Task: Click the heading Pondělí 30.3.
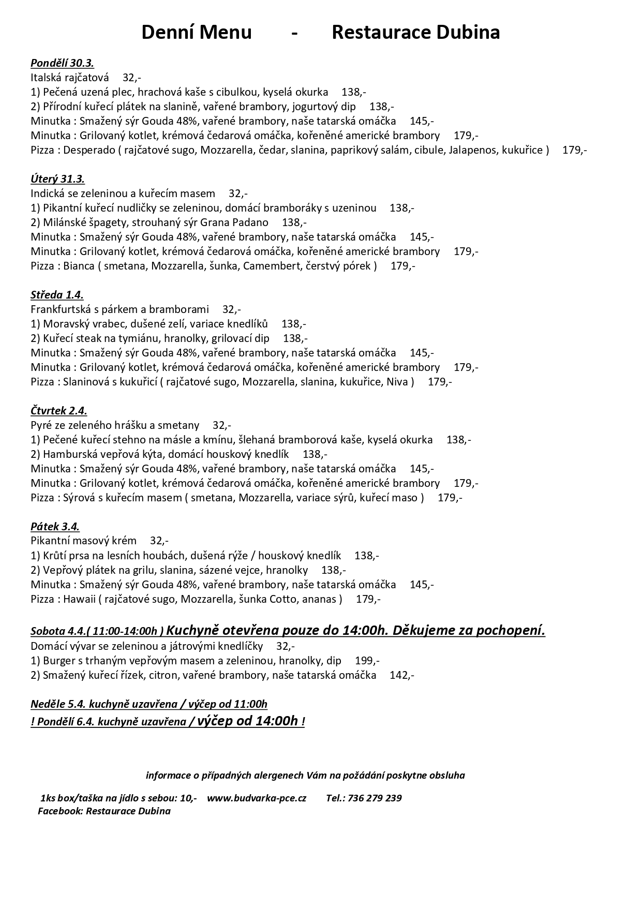click(62, 63)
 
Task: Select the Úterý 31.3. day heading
click(57, 179)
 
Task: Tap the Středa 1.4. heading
click(57, 295)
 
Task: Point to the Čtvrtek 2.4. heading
click(58, 411)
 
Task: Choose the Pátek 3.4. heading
click(55, 527)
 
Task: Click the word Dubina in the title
click(468, 33)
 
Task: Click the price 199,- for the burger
click(367, 661)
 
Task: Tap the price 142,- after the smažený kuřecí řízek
click(402, 675)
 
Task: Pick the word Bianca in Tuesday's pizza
click(79, 266)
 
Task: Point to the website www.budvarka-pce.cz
click(257, 798)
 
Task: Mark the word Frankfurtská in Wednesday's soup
click(62, 309)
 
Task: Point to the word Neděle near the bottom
click(48, 704)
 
